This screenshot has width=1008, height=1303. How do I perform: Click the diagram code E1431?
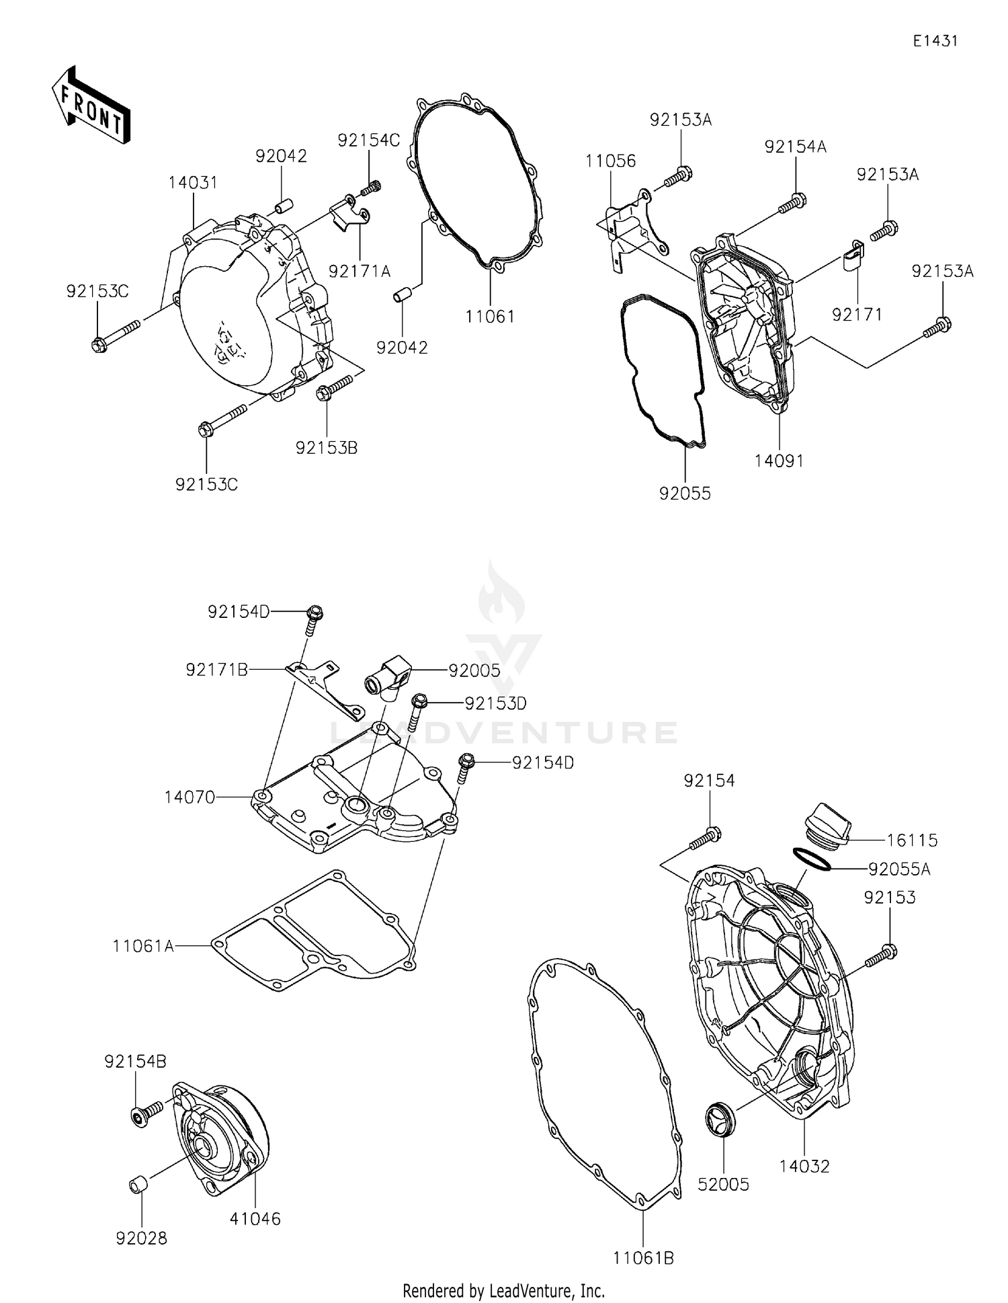coord(935,41)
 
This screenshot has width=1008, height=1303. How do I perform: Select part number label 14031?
coord(193,183)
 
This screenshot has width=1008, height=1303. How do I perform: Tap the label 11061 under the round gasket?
coord(491,316)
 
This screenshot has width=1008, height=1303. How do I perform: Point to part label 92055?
coord(685,493)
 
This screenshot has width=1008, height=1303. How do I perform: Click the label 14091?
coord(779,461)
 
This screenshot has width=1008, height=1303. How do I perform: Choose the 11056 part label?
coord(610,161)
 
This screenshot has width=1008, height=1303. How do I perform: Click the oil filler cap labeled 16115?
coord(828,823)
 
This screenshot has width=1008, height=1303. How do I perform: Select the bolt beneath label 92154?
coord(704,838)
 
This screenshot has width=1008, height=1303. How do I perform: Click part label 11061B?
coord(643,1257)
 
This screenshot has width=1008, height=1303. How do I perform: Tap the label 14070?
coord(190,797)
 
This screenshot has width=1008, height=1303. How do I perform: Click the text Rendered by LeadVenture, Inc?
coord(503,1290)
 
